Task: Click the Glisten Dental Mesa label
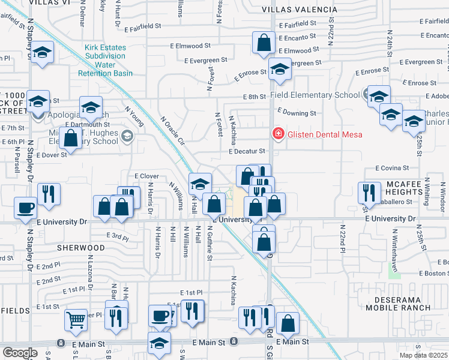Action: (324, 134)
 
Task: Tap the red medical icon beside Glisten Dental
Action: (278, 134)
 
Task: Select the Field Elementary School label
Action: (315, 95)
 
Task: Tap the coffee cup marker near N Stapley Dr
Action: (26, 208)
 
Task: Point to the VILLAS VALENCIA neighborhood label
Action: (300, 10)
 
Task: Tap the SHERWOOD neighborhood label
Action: (81, 247)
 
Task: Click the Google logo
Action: (19, 353)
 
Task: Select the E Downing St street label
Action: (297, 113)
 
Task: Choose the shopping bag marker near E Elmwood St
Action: (264, 43)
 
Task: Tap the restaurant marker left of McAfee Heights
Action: (367, 193)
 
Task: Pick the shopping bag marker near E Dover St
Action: (71, 137)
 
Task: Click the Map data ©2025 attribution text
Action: (423, 355)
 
